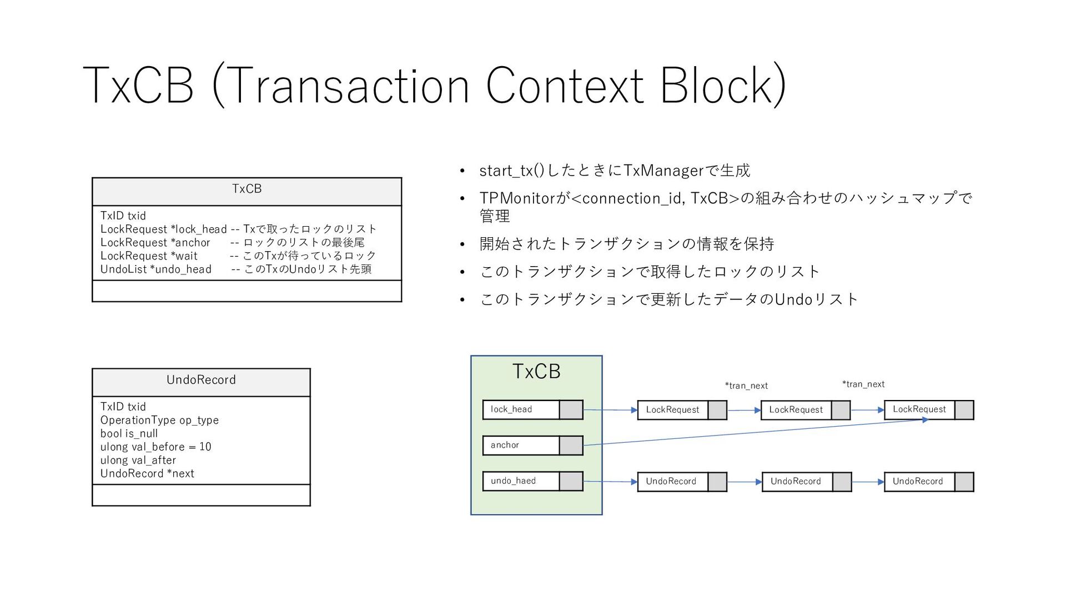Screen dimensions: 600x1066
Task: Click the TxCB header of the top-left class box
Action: (x=247, y=189)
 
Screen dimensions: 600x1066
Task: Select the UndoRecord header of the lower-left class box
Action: (x=201, y=380)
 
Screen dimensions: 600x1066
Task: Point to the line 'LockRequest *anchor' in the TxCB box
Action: (x=155, y=243)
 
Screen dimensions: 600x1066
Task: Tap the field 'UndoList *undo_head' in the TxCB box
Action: (x=156, y=269)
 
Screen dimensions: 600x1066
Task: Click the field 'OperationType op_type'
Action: (x=159, y=420)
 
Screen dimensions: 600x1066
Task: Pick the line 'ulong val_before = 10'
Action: (x=155, y=447)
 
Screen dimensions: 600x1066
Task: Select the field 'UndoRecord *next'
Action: (x=147, y=473)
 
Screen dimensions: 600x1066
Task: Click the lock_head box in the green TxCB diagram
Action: (x=532, y=409)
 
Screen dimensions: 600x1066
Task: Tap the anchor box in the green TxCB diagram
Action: (x=532, y=445)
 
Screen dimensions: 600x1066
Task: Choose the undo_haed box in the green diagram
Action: (x=532, y=481)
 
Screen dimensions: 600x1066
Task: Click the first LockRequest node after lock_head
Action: (x=681, y=410)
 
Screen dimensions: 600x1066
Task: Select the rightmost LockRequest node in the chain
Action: (x=928, y=410)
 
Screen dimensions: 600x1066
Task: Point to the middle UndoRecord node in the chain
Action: (x=806, y=482)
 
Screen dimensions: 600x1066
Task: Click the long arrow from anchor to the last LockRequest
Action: (x=755, y=432)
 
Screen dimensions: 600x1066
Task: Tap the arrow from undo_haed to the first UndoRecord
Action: (x=610, y=482)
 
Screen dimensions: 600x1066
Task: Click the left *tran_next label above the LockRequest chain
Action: (x=746, y=386)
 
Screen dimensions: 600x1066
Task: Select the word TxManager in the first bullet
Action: (x=663, y=171)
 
